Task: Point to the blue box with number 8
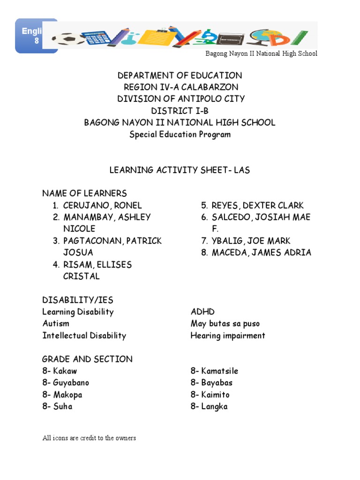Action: pos(37,36)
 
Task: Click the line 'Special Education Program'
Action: pos(180,135)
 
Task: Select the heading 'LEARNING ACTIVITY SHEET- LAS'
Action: pos(180,170)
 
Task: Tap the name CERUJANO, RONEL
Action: pos(102,205)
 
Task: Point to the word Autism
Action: pos(56,323)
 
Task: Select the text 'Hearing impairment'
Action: pos(228,336)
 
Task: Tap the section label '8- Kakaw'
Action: pos(60,371)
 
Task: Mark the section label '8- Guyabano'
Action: pos(66,382)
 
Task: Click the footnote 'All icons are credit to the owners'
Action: pos(89,438)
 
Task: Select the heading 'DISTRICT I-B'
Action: pos(180,111)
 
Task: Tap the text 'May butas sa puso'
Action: pos(225,323)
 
